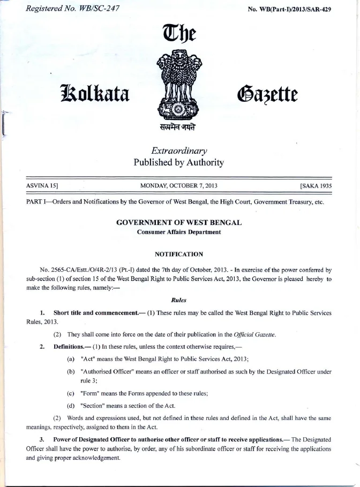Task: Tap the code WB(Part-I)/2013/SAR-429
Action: point(289,10)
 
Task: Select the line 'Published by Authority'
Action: point(179,162)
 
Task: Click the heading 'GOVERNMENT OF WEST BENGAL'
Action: point(179,222)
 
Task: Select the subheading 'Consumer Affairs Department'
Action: point(179,232)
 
